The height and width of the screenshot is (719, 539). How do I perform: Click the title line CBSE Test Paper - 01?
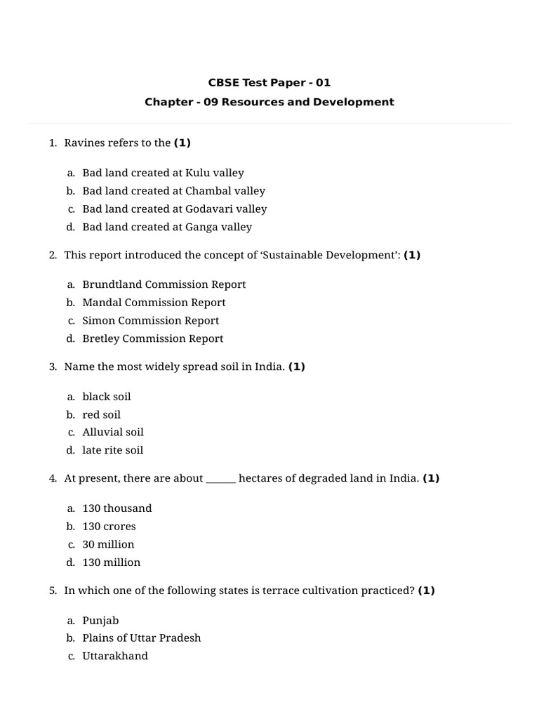pyautogui.click(x=269, y=83)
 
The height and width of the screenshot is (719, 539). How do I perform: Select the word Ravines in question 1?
pyautogui.click(x=84, y=143)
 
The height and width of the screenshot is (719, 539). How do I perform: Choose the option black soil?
pyautogui.click(x=107, y=397)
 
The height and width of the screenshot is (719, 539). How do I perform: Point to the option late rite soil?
pyautogui.click(x=112, y=451)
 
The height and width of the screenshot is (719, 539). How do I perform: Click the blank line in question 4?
pyautogui.click(x=221, y=480)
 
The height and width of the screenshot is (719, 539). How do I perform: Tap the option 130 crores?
pyautogui.click(x=109, y=527)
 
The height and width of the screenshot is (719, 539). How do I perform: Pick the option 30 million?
pyautogui.click(x=108, y=545)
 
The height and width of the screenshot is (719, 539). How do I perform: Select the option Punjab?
pyautogui.click(x=100, y=621)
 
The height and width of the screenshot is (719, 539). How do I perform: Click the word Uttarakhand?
pyautogui.click(x=115, y=657)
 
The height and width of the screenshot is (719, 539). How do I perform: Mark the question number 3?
pyautogui.click(x=53, y=367)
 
